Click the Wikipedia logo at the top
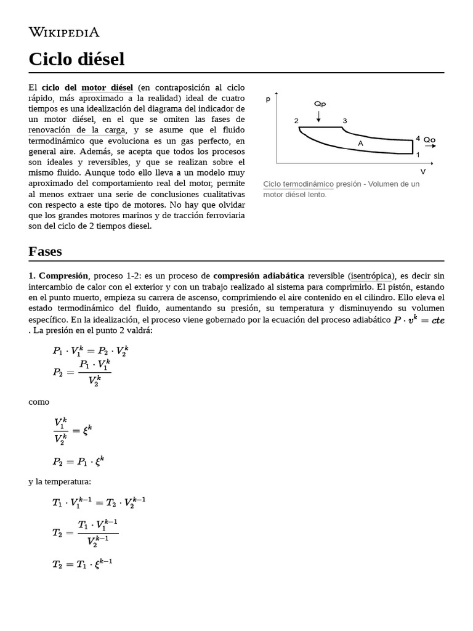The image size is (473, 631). [x=64, y=33]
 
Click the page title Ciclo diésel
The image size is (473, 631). [x=76, y=59]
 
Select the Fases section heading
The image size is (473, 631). [x=45, y=251]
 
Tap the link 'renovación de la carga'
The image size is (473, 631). [x=77, y=129]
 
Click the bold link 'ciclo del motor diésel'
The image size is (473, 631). [x=87, y=88]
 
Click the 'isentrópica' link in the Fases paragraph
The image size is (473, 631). [x=373, y=275]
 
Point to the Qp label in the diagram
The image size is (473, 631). [x=320, y=104]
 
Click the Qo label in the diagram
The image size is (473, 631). [x=429, y=140]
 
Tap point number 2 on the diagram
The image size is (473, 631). [x=296, y=121]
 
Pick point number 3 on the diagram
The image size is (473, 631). [x=345, y=121]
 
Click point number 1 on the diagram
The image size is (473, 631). [x=418, y=154]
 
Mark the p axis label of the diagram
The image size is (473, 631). [x=268, y=99]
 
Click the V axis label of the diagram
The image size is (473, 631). [x=422, y=171]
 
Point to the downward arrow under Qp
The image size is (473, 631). [x=318, y=115]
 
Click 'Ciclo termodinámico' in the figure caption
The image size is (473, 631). [x=298, y=184]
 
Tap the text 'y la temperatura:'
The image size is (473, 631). [x=59, y=481]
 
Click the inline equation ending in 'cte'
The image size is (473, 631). [x=419, y=319]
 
